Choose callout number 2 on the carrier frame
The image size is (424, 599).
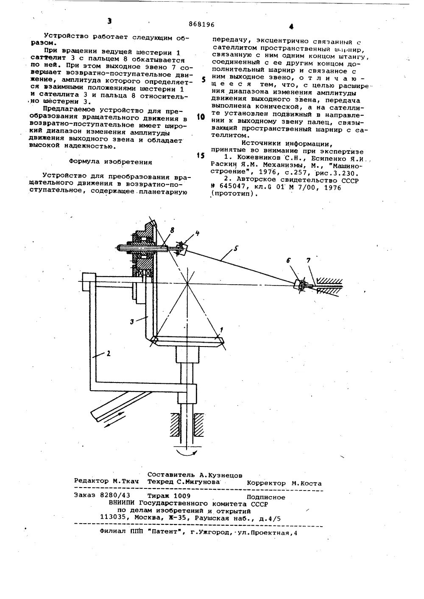click(x=108, y=354)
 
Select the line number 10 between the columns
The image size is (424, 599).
click(x=201, y=116)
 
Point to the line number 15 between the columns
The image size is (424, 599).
click(x=201, y=155)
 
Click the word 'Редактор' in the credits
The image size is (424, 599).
click(x=91, y=482)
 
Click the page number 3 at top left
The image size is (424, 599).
click(x=110, y=21)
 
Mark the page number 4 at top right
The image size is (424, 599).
click(x=291, y=27)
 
